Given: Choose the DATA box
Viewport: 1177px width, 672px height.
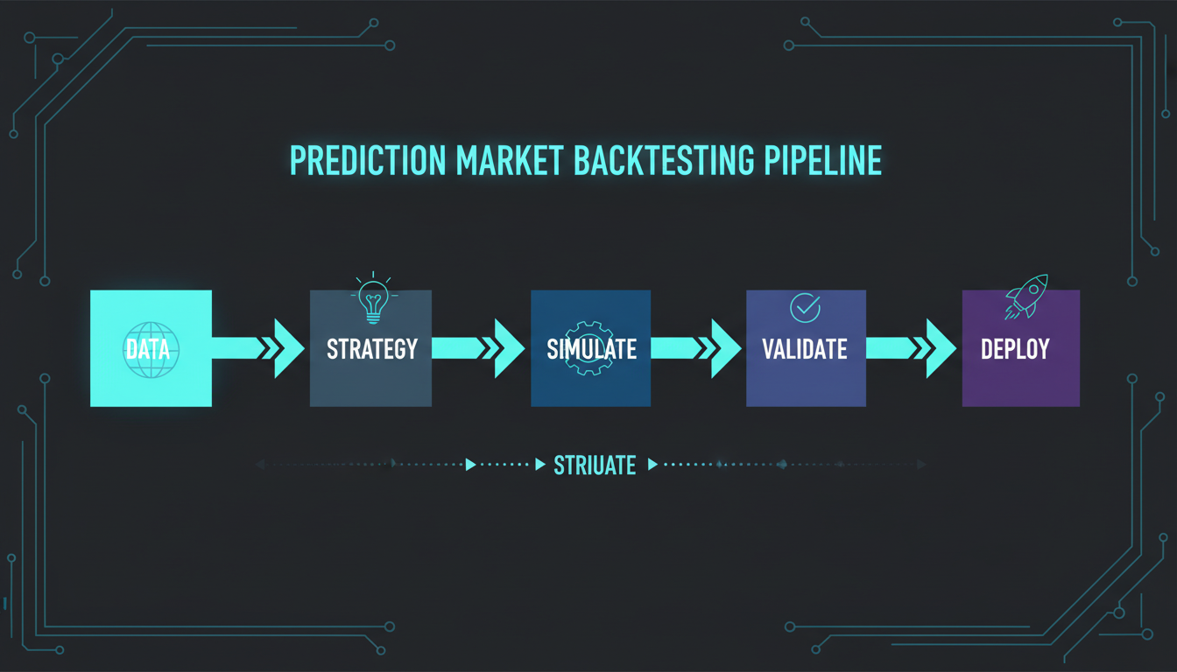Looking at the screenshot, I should [x=151, y=348].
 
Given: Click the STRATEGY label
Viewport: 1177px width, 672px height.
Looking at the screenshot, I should [x=371, y=349].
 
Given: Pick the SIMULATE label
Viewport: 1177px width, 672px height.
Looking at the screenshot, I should [x=591, y=349].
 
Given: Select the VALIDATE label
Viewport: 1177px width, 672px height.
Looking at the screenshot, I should [x=806, y=349].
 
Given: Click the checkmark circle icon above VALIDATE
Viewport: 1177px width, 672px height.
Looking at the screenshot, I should [x=805, y=307].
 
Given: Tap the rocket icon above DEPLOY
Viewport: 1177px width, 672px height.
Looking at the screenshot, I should [x=1027, y=296].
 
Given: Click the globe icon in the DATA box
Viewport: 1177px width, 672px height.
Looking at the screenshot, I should [x=151, y=349].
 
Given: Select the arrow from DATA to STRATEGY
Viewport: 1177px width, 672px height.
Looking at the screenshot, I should [x=258, y=348].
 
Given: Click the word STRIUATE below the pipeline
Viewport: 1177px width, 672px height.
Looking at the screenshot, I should [x=595, y=465].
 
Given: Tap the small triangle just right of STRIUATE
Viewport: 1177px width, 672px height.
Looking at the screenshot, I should [x=652, y=465].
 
